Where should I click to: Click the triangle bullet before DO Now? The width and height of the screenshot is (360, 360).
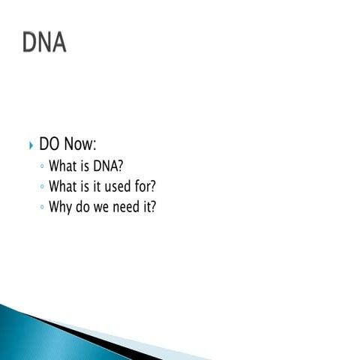(x=30, y=145)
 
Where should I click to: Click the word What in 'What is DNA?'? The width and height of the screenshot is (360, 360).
(x=63, y=166)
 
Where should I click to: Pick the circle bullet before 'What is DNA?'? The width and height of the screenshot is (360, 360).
(x=42, y=166)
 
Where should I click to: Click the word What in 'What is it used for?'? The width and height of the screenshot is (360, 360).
(x=63, y=186)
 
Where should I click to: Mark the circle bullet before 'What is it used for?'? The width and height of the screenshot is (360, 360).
(x=42, y=187)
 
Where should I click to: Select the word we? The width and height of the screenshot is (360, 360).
(x=104, y=207)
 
